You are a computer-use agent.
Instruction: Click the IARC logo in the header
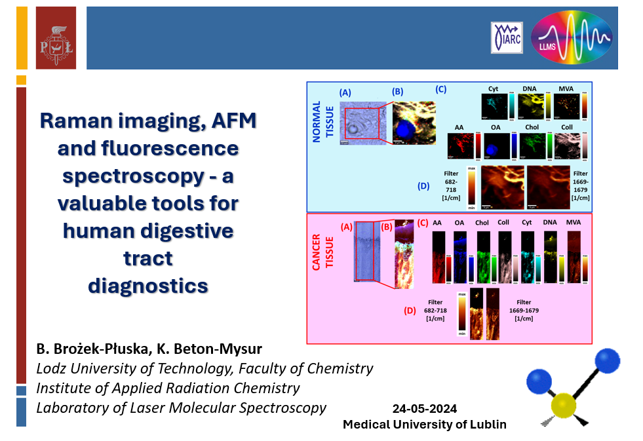pyautogui.click(x=507, y=37)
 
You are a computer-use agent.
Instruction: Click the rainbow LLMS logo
pyautogui.click(x=572, y=37)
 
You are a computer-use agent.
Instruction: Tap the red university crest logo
pyautogui.click(x=55, y=38)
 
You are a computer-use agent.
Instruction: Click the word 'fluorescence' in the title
pyautogui.click(x=147, y=149)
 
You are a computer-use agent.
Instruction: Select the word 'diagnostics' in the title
pyautogui.click(x=147, y=286)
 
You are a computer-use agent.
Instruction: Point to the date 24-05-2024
pyautogui.click(x=424, y=409)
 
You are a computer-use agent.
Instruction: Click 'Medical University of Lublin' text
pyautogui.click(x=425, y=424)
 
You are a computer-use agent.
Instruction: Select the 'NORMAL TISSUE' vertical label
pyautogui.click(x=322, y=124)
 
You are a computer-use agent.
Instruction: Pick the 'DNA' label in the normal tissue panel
pyautogui.click(x=530, y=88)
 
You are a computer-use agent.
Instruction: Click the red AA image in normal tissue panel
pyautogui.click(x=459, y=145)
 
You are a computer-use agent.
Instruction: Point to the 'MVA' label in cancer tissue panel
pyautogui.click(x=574, y=223)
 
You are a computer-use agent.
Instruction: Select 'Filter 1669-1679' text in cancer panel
pyautogui.click(x=523, y=310)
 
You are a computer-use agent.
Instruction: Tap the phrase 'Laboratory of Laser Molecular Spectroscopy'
pyautogui.click(x=181, y=408)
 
